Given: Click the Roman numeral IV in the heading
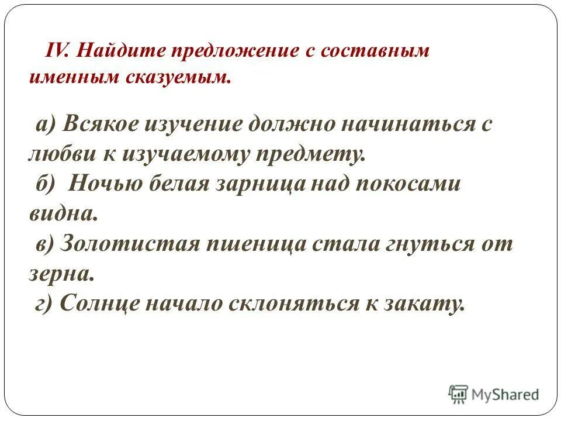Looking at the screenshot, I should coord(57,51).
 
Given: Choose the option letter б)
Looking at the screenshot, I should coord(44,184).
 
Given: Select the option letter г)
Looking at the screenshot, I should coord(43,303).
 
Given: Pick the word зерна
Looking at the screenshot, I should coord(61,273).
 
